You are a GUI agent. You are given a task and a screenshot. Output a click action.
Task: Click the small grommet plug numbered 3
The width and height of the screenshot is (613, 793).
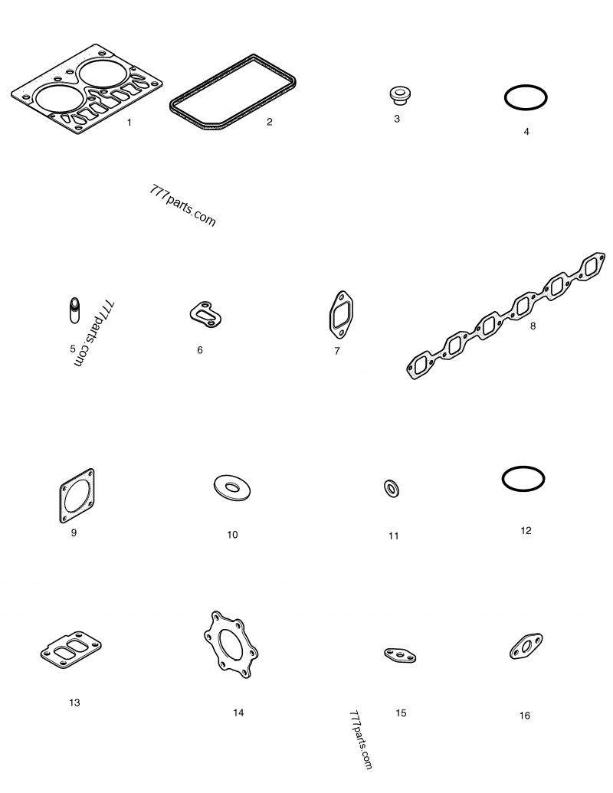[399, 96]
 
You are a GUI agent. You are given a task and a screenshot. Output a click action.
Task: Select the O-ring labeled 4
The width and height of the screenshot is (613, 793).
[526, 86]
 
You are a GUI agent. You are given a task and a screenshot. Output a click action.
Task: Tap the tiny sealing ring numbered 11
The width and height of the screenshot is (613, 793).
[392, 489]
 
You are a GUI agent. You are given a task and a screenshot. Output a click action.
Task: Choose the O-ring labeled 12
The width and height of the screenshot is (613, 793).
[523, 467]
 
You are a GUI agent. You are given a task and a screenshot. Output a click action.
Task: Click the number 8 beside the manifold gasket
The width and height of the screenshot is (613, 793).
[533, 326]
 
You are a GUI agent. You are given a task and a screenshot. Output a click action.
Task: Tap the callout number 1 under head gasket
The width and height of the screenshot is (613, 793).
[129, 123]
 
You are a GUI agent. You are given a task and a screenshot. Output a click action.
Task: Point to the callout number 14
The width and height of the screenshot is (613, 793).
[238, 713]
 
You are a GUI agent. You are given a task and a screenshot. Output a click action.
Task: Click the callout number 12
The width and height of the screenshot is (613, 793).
[526, 530]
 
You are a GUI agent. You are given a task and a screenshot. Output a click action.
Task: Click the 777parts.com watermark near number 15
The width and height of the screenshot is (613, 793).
[361, 740]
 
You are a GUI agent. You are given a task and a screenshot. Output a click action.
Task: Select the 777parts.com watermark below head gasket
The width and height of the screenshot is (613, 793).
[182, 205]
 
